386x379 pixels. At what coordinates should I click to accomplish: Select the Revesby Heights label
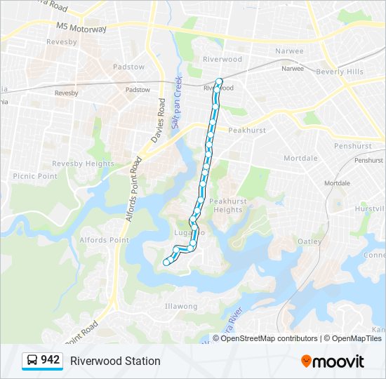point(83,164)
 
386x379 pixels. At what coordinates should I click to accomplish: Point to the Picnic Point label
point(34,176)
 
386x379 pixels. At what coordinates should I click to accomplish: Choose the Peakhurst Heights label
point(228,205)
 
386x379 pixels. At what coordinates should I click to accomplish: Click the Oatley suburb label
point(310,241)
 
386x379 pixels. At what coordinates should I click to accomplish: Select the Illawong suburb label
point(180,306)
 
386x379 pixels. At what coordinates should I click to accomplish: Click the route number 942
point(50,360)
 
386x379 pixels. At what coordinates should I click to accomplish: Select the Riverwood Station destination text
point(115,361)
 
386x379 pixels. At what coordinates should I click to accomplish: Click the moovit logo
point(333,361)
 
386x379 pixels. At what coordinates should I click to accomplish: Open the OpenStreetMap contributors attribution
point(269,338)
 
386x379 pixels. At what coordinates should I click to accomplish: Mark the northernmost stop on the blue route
point(220,81)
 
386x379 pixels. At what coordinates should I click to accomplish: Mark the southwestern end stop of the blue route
point(166,262)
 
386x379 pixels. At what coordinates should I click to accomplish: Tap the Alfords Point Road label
point(133,189)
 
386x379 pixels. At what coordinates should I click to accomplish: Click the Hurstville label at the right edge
point(370,209)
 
